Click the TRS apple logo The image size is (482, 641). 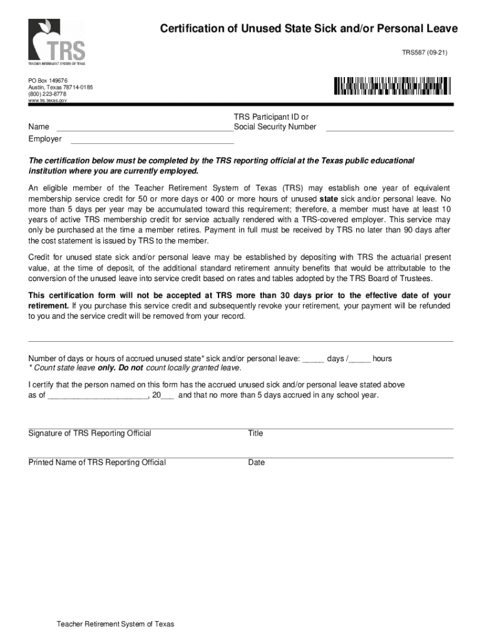coord(56,42)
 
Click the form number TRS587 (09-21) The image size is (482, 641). coord(424,53)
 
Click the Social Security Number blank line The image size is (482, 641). coord(389,130)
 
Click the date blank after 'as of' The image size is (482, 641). coord(97,397)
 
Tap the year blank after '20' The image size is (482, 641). coord(168,397)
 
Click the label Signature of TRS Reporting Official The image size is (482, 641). coord(90,433)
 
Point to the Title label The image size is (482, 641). coord(255,433)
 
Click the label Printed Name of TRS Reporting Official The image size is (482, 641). coord(97,463)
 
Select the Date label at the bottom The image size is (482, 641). coord(256,463)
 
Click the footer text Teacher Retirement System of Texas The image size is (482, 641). coord(115,624)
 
